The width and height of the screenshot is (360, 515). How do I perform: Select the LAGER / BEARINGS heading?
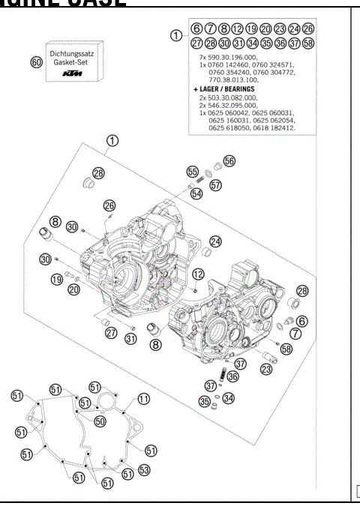[220, 88]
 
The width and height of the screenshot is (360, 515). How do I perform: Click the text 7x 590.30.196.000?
[225, 57]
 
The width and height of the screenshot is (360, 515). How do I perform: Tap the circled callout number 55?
[191, 170]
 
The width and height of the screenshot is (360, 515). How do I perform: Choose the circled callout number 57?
[216, 184]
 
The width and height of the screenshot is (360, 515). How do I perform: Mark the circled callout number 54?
[196, 193]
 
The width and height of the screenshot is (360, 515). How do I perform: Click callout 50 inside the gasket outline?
[100, 421]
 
